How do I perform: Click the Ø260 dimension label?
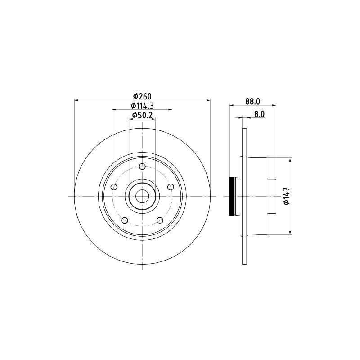[x=143, y=96]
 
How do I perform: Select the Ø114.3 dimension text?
[x=142, y=106]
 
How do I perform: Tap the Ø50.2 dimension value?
[x=142, y=115]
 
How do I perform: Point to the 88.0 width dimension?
[x=252, y=102]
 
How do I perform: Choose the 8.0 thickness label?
[x=260, y=114]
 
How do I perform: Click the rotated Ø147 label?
[x=287, y=196]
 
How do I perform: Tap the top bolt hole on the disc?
[x=142, y=166]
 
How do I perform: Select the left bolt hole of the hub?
[x=114, y=187]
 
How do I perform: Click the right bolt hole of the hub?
[x=171, y=187]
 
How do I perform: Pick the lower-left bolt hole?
[x=125, y=220]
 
